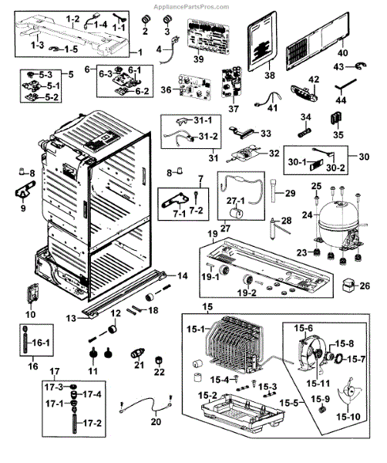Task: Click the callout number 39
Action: point(199,59)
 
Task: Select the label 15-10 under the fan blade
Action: point(348,417)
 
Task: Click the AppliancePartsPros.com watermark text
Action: point(191,6)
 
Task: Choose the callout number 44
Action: point(341,100)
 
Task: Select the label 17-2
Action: point(92,423)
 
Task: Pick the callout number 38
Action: point(270,75)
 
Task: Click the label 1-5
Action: point(71,49)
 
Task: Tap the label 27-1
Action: point(236,201)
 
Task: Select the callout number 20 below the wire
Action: point(156,421)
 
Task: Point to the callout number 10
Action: point(30,314)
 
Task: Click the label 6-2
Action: point(143,91)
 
